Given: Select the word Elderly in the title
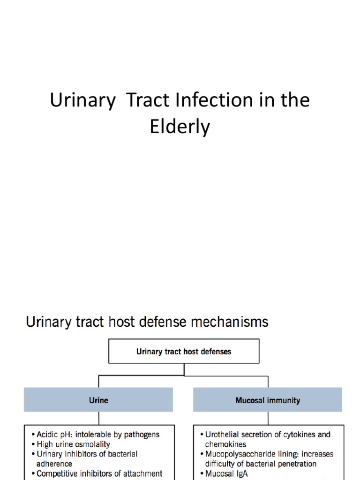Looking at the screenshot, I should pos(180,127).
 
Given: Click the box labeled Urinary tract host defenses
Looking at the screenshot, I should pos(184,351).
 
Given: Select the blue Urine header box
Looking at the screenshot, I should pos(98,400).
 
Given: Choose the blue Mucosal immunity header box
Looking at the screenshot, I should pos(268,400).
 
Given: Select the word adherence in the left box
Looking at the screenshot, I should pos(54,464).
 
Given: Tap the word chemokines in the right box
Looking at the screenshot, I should pos(225,444).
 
